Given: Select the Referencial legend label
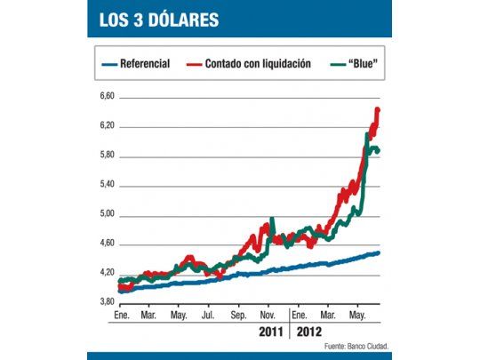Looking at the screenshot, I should [146, 64].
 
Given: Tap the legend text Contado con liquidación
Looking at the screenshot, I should [258, 64].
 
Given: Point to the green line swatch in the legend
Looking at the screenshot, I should [335, 64].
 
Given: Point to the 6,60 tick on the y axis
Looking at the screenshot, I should [106, 96].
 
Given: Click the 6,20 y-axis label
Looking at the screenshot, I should [106, 125].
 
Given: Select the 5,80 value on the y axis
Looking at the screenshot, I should [106, 156].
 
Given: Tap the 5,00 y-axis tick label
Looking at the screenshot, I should [106, 214].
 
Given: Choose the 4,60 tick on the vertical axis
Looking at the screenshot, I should [106, 244].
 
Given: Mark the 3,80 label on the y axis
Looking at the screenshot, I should [106, 302].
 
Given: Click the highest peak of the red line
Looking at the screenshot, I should [378, 109].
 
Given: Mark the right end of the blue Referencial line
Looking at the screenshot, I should [380, 253].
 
